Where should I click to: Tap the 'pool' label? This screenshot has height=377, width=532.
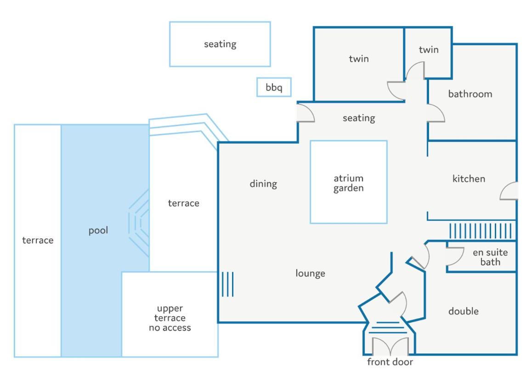[98, 231]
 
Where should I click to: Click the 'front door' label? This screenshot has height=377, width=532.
[390, 362]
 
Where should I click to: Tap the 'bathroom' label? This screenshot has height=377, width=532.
[470, 94]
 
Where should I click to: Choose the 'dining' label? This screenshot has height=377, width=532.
[263, 184]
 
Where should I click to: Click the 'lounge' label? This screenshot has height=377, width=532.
[310, 273]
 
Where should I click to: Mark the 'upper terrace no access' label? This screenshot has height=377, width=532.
[170, 318]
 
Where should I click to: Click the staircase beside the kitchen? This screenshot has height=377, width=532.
[481, 231]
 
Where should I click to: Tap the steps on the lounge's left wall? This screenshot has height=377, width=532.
[227, 284]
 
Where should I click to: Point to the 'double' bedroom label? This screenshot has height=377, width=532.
[464, 311]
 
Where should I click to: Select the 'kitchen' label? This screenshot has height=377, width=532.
[469, 179]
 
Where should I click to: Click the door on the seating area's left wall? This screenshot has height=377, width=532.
[306, 113]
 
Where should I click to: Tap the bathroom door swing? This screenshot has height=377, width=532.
[436, 113]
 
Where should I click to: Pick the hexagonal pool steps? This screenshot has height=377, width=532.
[139, 223]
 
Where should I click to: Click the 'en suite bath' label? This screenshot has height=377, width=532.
[490, 257]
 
